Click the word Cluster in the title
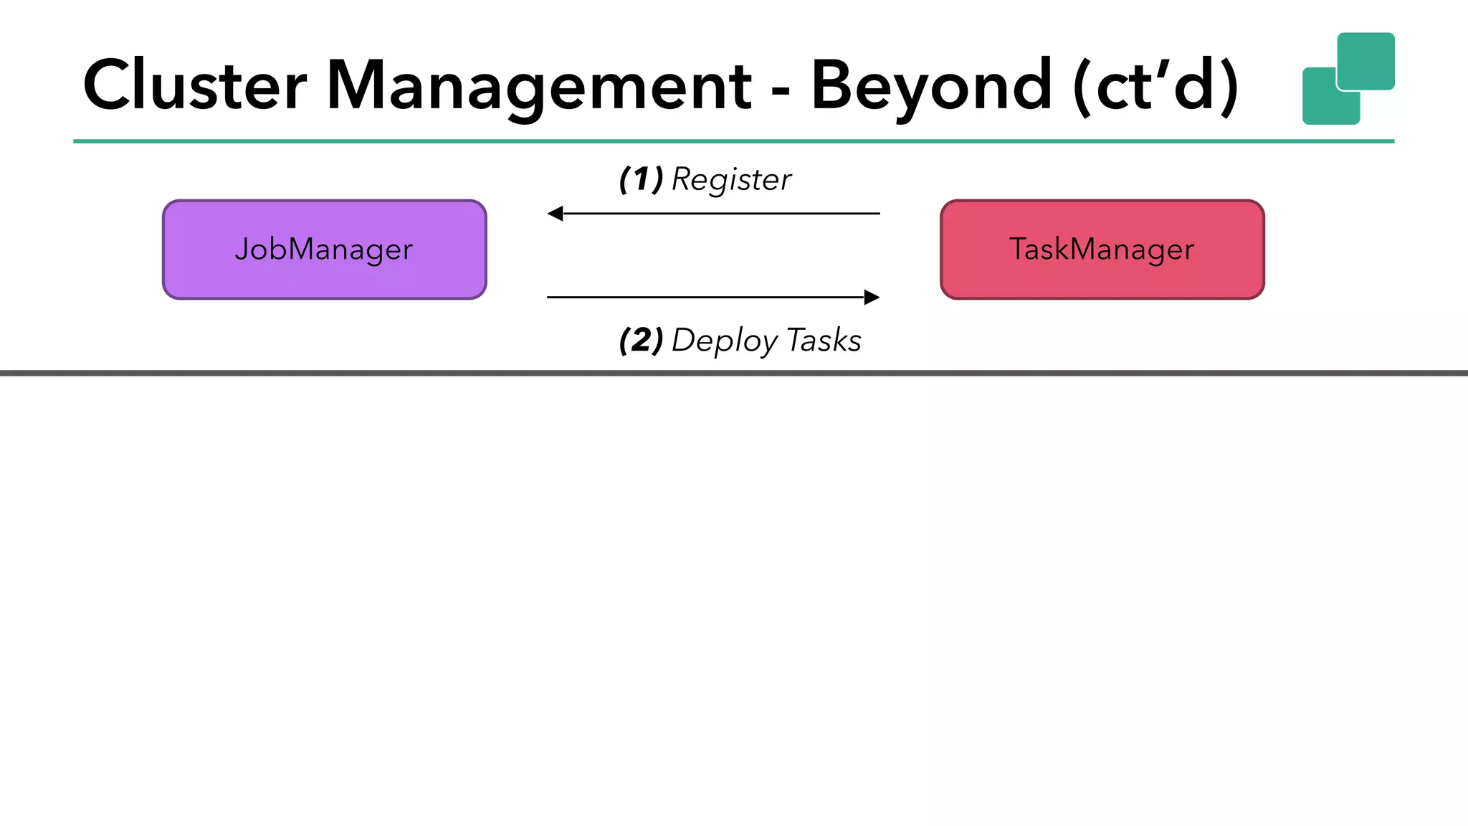[x=195, y=86]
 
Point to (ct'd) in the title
[x=1155, y=86]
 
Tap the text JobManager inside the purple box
[x=324, y=250]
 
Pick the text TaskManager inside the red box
[x=1102, y=250]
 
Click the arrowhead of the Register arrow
[x=555, y=214]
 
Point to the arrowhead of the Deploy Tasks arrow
[x=872, y=297]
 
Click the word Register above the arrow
[x=731, y=180]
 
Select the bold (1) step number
[x=641, y=179]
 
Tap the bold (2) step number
[x=641, y=340]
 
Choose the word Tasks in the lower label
[x=824, y=340]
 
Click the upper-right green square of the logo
[x=1369, y=57]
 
